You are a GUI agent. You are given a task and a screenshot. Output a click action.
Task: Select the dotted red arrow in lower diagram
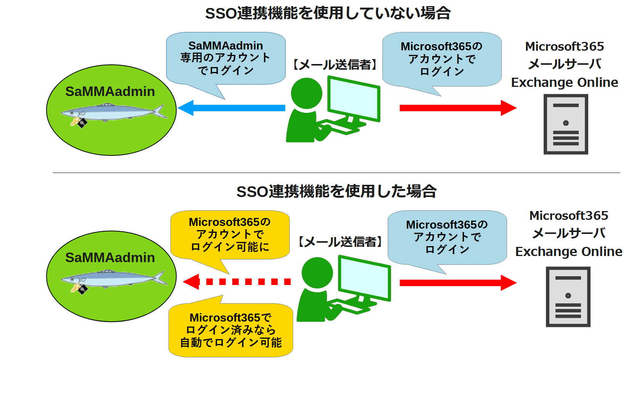tap(236, 282)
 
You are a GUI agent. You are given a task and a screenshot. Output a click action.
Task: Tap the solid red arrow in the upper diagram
tap(457, 108)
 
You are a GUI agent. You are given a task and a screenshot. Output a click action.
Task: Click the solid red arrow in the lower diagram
tap(457, 283)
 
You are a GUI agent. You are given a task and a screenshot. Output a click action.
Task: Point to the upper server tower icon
tap(566, 124)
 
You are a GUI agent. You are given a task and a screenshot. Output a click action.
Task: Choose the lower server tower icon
tap(568, 297)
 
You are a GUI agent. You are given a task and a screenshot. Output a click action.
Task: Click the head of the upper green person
tap(307, 93)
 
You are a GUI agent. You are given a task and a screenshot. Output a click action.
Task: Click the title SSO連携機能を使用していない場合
tap(328, 13)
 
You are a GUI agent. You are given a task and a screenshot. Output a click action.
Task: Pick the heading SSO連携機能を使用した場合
tap(336, 191)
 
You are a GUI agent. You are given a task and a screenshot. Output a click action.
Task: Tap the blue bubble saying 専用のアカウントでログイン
tap(226, 58)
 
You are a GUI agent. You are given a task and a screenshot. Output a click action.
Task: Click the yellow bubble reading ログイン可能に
tap(230, 235)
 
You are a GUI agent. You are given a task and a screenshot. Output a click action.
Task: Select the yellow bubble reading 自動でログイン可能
tap(231, 330)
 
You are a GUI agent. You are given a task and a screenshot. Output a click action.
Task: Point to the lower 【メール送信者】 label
tap(340, 242)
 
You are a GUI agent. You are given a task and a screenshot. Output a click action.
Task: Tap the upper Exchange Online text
tap(564, 82)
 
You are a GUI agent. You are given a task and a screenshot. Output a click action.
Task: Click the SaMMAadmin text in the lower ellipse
tap(110, 258)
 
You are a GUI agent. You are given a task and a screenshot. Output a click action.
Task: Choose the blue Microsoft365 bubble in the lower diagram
tap(447, 237)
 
